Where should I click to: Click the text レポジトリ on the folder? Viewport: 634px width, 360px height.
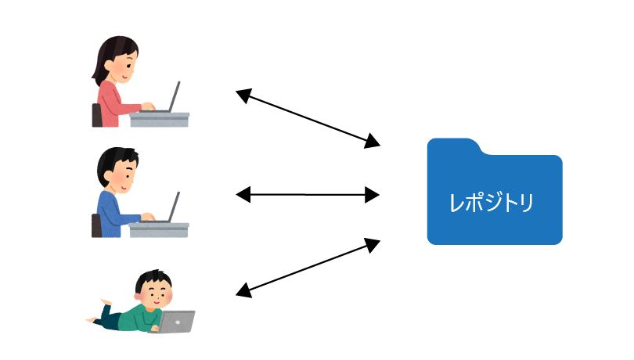(x=492, y=203)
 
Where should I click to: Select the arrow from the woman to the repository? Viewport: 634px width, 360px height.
(x=308, y=118)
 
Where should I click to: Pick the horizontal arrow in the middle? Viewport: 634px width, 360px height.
(x=308, y=194)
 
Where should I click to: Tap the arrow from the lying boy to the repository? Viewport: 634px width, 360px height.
(x=308, y=268)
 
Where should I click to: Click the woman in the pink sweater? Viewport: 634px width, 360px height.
(x=117, y=86)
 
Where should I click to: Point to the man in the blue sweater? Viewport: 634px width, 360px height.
(x=117, y=196)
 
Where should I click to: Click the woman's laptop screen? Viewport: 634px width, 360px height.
(x=175, y=95)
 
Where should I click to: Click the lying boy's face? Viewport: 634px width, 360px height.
(x=157, y=293)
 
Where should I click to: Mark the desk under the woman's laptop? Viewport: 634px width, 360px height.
(x=160, y=119)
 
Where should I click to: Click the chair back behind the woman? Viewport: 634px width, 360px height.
(x=97, y=115)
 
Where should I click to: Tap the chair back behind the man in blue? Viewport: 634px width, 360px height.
(x=97, y=225)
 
